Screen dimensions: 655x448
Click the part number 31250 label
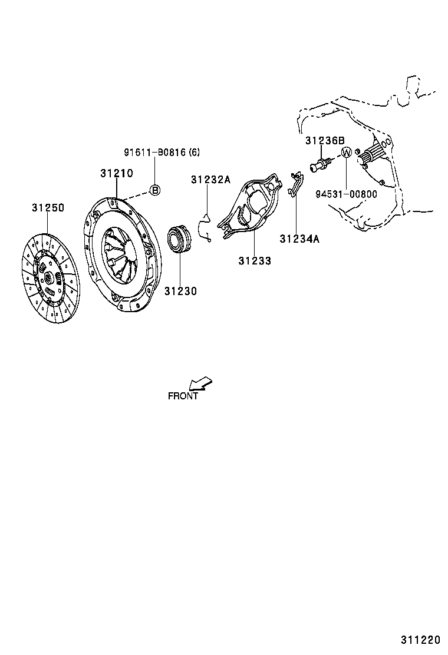[48, 208]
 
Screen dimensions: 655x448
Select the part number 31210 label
[116, 174]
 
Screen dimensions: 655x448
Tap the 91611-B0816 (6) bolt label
[162, 152]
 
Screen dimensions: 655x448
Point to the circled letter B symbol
[154, 190]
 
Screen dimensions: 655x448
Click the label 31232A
[210, 180]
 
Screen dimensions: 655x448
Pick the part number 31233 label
[255, 260]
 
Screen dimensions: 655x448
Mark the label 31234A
[299, 239]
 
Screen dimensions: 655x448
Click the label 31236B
[325, 141]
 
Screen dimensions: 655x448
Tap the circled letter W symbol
[347, 152]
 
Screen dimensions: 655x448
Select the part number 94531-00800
[346, 194]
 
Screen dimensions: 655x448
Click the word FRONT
[183, 396]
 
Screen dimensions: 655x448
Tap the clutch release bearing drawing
[180, 239]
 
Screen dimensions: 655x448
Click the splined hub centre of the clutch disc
[47, 277]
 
